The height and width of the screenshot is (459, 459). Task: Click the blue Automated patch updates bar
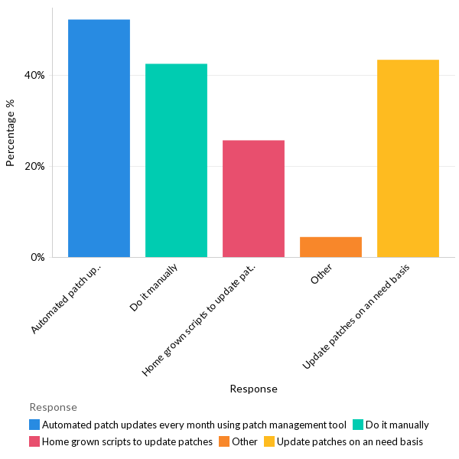(x=99, y=138)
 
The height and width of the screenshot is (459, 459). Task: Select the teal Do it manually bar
(x=176, y=161)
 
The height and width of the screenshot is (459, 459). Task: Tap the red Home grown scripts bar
(x=253, y=199)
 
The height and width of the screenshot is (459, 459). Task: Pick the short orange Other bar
(x=330, y=247)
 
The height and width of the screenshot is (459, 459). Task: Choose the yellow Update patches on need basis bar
(x=408, y=158)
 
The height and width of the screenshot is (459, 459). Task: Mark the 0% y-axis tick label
(x=37, y=257)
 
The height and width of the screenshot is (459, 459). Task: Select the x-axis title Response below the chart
(x=253, y=389)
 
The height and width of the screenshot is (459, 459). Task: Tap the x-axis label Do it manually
(x=155, y=288)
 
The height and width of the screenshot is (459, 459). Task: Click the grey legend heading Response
(x=53, y=407)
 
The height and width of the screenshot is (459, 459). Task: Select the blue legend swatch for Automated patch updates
(x=34, y=425)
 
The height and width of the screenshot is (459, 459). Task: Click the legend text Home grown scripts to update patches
(x=127, y=441)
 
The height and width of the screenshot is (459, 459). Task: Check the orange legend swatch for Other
(x=224, y=441)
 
